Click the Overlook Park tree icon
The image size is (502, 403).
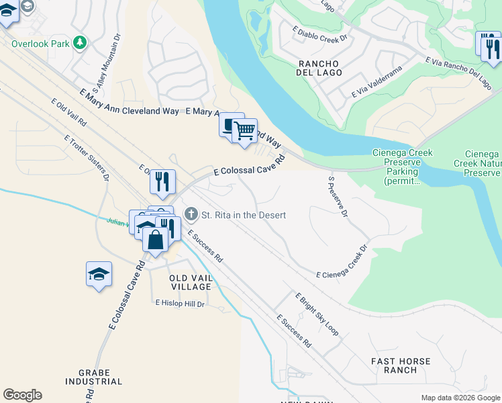tap(80, 43)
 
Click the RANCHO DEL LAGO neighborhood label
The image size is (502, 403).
tap(320, 68)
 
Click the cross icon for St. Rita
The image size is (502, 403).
tap(191, 215)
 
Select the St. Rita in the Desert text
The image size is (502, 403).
tap(244, 215)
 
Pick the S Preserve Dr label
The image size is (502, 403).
tap(338, 197)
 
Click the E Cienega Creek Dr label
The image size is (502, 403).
tap(342, 262)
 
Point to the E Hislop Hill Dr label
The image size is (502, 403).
tap(180, 304)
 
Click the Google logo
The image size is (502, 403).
tap(22, 395)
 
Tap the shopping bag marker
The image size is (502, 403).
tap(155, 240)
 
